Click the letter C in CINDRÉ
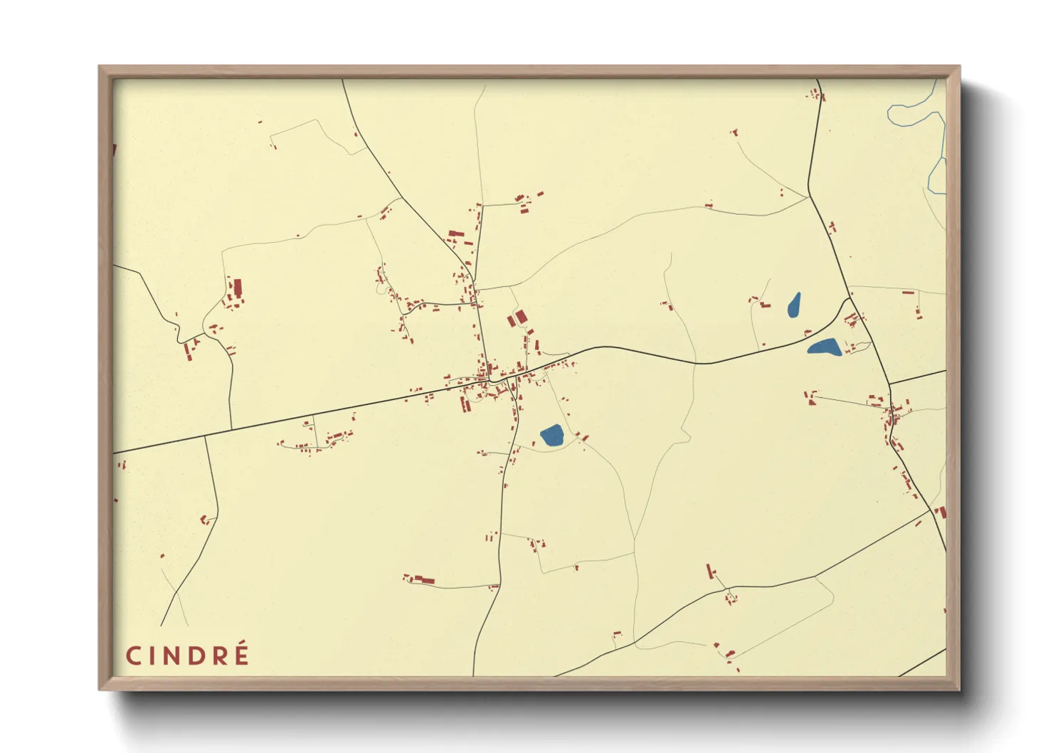pyautogui.click(x=134, y=656)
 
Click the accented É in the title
pyautogui.click(x=241, y=655)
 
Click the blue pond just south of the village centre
pyautogui.click(x=552, y=435)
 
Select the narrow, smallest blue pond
pyautogui.click(x=794, y=305)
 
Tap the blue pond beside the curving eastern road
pyautogui.click(x=825, y=347)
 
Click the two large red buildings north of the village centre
pyautogui.click(x=517, y=318)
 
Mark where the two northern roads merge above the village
pyautogui.click(x=473, y=282)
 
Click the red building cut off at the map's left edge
pyautogui.click(x=115, y=149)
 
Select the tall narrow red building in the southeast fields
pyautogui.click(x=709, y=571)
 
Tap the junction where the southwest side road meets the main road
pyautogui.click(x=206, y=436)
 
